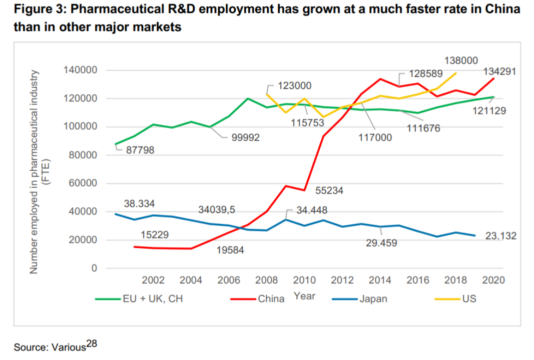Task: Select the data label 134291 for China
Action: [x=499, y=71]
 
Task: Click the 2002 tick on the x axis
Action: [x=152, y=280]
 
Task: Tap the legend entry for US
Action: [x=468, y=299]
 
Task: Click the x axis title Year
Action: [x=305, y=296]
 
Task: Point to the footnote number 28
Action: [x=92, y=343]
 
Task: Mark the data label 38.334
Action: [x=140, y=204]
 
